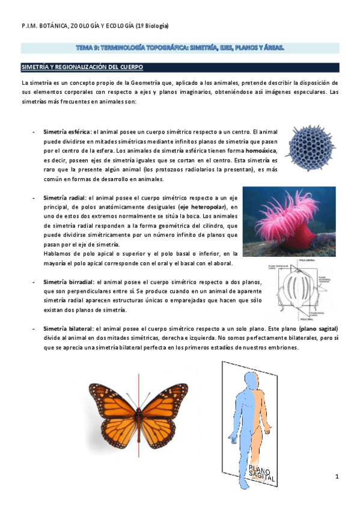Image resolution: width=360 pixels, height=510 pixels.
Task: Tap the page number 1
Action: pyautogui.click(x=338, y=476)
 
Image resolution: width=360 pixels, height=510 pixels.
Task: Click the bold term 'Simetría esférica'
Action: pyautogui.click(x=66, y=131)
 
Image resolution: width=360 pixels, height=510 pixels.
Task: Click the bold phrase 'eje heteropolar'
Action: pyautogui.click(x=203, y=206)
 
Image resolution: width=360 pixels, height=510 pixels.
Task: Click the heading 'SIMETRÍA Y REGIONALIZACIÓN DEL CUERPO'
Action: pyautogui.click(x=82, y=67)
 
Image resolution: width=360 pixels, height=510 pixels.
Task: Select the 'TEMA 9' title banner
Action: pyautogui.click(x=180, y=47)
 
